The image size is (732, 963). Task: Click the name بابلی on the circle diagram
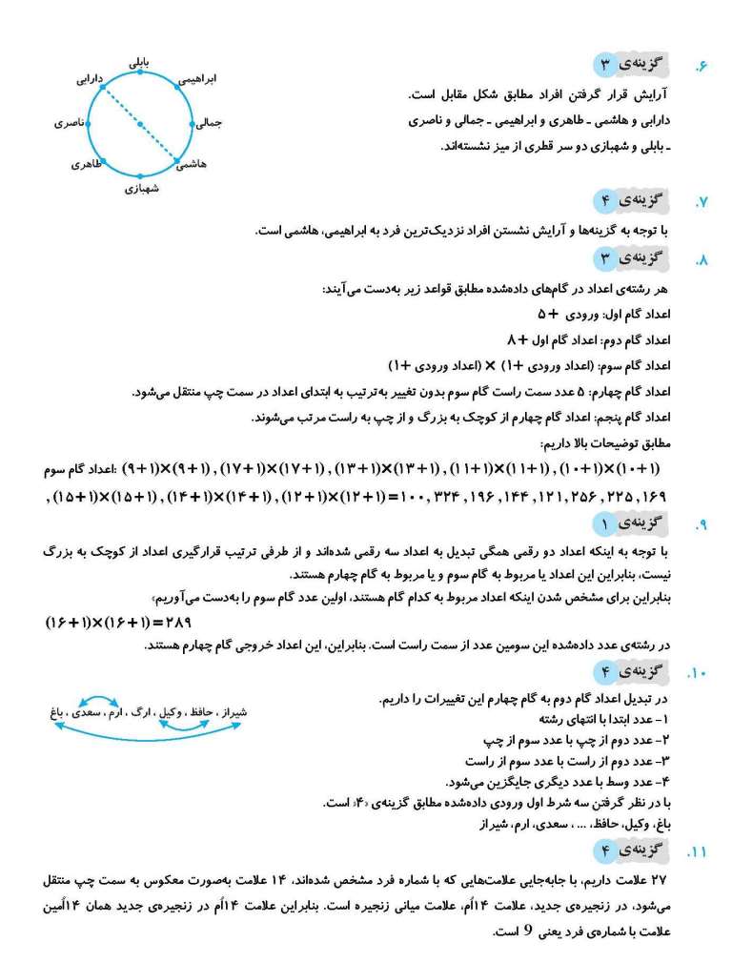[141, 62]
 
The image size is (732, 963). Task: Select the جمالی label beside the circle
[210, 123]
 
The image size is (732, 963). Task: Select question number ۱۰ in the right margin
[698, 675]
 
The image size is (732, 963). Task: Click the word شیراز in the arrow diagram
[233, 711]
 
